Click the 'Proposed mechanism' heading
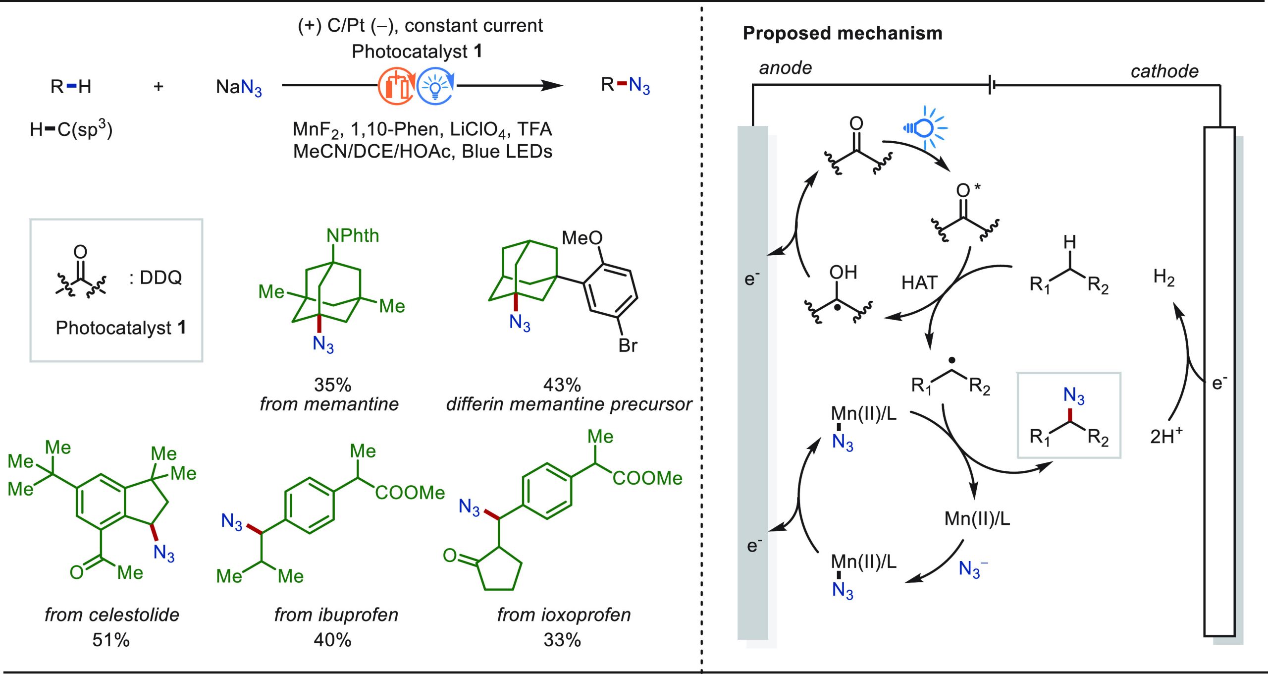coord(842,33)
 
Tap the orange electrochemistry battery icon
coord(396,87)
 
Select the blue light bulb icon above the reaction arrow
coord(435,87)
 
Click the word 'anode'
coord(786,68)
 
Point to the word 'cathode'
coord(1164,71)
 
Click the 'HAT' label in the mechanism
coord(919,283)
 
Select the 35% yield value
coord(332,385)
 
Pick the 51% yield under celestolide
coord(111,640)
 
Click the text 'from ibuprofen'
coord(336,615)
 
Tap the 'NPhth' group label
coord(353,235)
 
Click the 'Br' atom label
coord(628,345)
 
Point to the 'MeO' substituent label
coord(581,238)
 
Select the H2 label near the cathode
coord(1163,277)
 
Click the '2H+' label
coord(1166,436)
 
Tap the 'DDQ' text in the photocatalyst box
coord(161,278)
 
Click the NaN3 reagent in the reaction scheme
coord(239,87)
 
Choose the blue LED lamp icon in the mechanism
coord(924,128)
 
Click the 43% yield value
coord(562,385)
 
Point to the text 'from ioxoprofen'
coord(564,615)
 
